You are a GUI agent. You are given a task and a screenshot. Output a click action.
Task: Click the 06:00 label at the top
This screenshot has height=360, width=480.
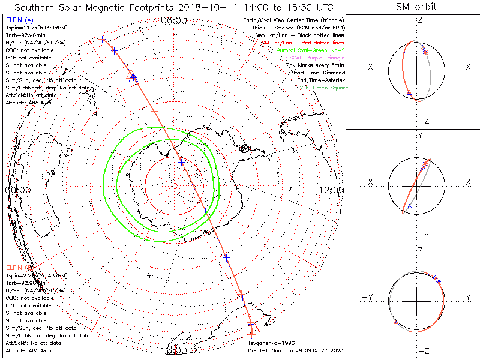coord(174,20)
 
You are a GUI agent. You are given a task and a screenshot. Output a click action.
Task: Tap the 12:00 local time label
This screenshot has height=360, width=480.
coord(332,190)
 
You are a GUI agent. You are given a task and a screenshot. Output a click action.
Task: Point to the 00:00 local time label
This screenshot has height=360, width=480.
coord(17,190)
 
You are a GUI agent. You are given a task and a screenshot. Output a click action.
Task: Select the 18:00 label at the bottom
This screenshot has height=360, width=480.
coord(174,349)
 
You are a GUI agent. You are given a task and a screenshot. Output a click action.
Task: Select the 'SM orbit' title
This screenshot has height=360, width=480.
coord(416,7)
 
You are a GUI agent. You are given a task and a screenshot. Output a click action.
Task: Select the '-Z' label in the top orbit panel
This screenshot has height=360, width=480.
coord(422,121)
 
